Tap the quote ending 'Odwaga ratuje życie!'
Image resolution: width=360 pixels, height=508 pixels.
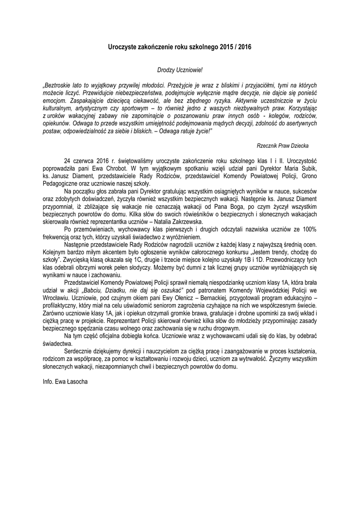(184, 130)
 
